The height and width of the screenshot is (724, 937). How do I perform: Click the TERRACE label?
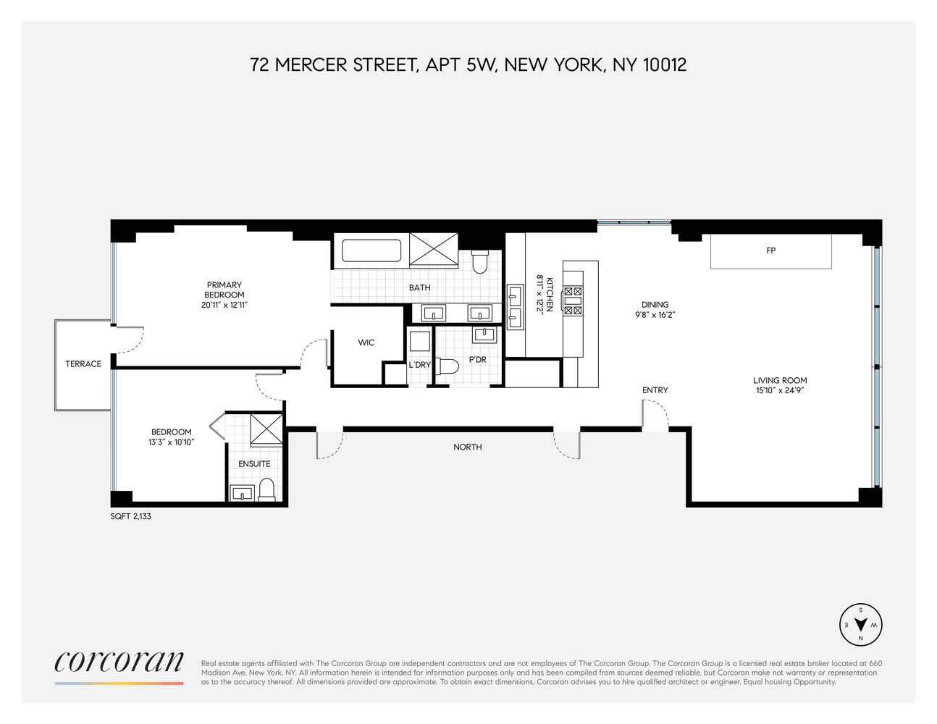(x=83, y=363)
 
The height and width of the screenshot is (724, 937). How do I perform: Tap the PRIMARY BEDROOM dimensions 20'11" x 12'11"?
(x=224, y=305)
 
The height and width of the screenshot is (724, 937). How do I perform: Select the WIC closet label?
(x=366, y=342)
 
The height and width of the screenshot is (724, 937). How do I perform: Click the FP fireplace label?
(x=770, y=251)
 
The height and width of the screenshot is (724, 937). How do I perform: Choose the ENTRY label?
(x=655, y=390)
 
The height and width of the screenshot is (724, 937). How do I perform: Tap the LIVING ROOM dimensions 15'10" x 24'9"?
(x=779, y=390)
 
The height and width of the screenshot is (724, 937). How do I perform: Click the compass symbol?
(x=860, y=624)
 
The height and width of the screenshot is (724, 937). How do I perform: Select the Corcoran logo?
(x=119, y=662)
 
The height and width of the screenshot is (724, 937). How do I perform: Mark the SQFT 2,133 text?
(x=131, y=517)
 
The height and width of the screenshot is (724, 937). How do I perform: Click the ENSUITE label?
(x=254, y=463)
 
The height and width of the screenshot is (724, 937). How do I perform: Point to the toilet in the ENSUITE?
(x=266, y=489)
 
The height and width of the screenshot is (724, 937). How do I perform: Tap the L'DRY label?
(x=419, y=365)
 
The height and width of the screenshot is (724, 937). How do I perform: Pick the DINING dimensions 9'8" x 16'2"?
(x=655, y=315)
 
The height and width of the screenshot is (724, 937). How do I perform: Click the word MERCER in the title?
(x=311, y=64)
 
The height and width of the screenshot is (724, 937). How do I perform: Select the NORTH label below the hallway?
(x=467, y=447)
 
